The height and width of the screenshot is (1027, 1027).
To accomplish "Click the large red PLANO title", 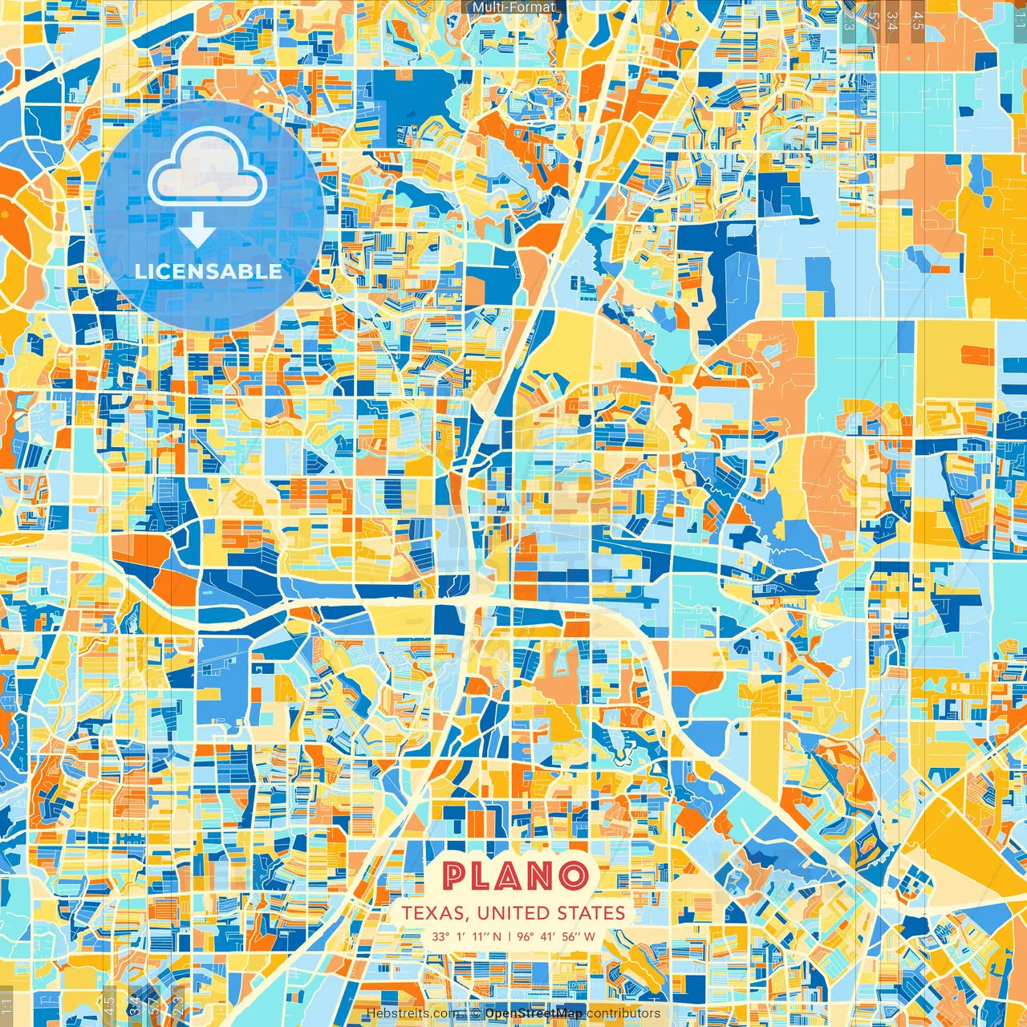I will click(x=514, y=876).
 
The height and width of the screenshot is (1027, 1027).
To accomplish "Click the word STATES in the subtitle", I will click(x=595, y=913).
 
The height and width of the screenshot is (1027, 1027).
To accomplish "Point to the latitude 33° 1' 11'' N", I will click(x=466, y=936).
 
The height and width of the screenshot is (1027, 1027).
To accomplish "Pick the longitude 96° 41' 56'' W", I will click(x=556, y=936).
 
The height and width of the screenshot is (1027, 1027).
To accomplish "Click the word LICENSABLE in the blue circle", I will click(x=209, y=271).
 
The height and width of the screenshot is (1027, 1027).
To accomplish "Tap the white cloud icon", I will click(x=208, y=169).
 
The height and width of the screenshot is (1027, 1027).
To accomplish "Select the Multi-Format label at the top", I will click(x=513, y=7).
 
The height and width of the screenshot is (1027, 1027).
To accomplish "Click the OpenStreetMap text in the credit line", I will click(x=534, y=1013).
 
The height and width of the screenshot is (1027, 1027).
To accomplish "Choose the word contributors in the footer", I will click(x=623, y=1013).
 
